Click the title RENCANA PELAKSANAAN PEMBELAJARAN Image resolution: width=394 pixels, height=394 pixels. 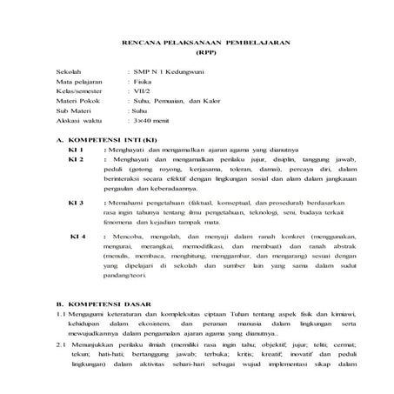pyautogui.click(x=205, y=43)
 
